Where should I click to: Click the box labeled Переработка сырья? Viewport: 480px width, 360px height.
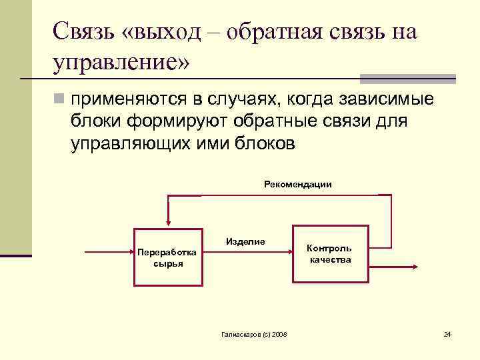click(x=167, y=257)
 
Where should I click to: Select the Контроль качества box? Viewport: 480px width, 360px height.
click(x=330, y=254)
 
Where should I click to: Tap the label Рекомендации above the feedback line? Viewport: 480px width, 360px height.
click(x=298, y=184)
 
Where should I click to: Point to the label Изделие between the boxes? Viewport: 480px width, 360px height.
click(x=245, y=241)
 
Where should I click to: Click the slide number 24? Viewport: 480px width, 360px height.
click(x=447, y=333)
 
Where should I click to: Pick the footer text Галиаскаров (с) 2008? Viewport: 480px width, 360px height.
click(x=254, y=333)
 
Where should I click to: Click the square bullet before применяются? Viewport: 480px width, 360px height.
click(x=59, y=100)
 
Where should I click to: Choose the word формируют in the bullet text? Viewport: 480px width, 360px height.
click(x=167, y=122)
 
